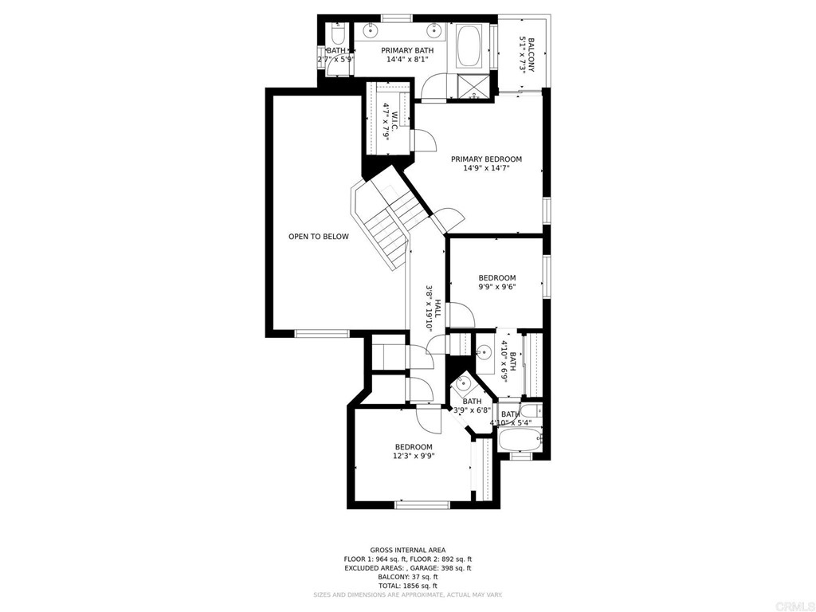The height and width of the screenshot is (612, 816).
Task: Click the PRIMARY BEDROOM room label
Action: [486, 159]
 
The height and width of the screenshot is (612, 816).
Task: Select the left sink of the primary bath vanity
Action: [372, 33]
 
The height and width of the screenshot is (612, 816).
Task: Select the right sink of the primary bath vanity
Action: [434, 33]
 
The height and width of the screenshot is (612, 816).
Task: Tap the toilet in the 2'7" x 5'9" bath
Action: [336, 37]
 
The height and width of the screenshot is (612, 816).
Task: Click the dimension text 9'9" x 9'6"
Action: [497, 287]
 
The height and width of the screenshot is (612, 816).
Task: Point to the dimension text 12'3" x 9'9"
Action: [414, 457]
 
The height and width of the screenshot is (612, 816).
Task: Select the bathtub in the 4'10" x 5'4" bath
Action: [519, 440]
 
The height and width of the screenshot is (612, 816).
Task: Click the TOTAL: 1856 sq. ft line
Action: [408, 585]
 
